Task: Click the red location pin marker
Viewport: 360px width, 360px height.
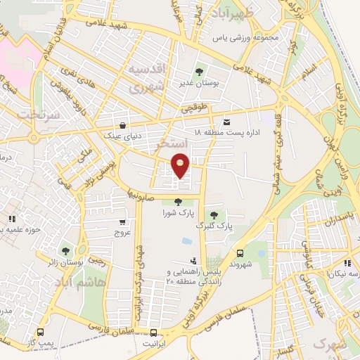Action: (181, 166)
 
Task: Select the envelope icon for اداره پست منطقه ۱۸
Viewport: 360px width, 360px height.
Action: (226, 121)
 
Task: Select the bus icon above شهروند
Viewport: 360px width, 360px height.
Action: (240, 253)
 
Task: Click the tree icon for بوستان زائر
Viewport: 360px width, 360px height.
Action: (65, 250)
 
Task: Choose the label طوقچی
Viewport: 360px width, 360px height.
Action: (195, 109)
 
